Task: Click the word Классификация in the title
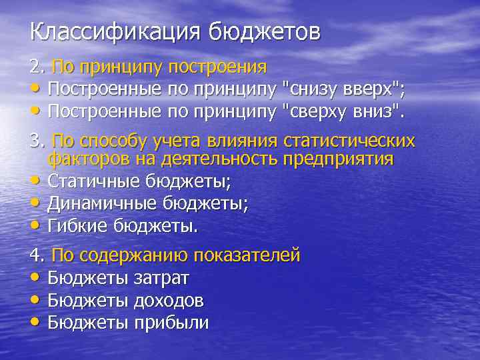tap(116, 31)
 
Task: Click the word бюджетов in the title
tap(265, 31)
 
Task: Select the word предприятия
tap(339, 159)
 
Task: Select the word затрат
tap(162, 277)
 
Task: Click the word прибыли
tap(171, 323)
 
